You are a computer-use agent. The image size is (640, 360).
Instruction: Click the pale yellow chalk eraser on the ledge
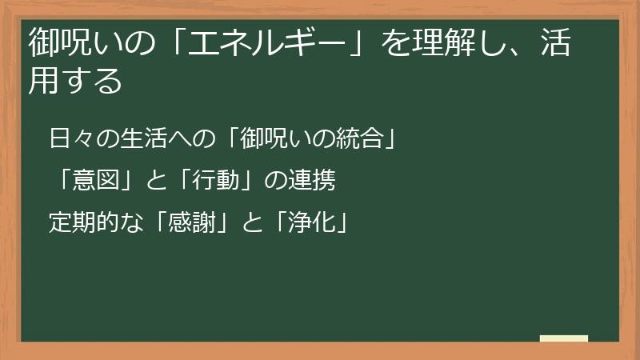tap(564, 338)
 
